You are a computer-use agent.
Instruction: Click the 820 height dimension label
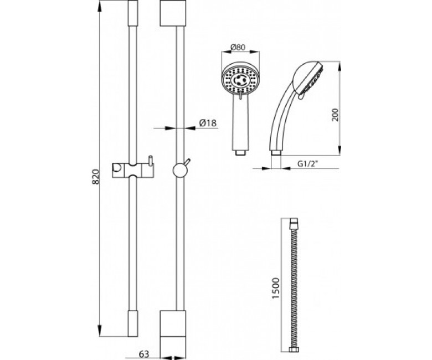pyautogui.click(x=95, y=177)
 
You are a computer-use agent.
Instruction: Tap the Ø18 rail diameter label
pyautogui.click(x=208, y=123)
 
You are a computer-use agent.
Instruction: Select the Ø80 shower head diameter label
pyautogui.click(x=238, y=47)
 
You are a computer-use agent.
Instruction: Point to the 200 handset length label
pyautogui.click(x=335, y=114)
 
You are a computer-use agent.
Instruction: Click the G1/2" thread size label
pyautogui.click(x=308, y=163)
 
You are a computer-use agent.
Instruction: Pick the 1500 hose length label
pyautogui.click(x=275, y=288)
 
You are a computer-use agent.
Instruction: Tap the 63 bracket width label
pyautogui.click(x=143, y=354)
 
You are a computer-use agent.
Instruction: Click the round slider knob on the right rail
pyautogui.click(x=180, y=170)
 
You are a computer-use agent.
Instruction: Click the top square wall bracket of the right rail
pyautogui.click(x=173, y=13)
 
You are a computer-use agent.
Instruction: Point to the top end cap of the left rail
pyautogui.click(x=133, y=13)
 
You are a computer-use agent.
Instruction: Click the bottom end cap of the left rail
pyautogui.click(x=133, y=323)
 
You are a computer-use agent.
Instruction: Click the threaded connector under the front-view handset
pyautogui.click(x=240, y=153)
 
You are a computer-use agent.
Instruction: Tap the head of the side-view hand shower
pyautogui.click(x=307, y=78)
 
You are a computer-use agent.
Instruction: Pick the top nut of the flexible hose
pyautogui.click(x=294, y=221)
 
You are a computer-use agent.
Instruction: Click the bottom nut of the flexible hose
pyautogui.click(x=294, y=350)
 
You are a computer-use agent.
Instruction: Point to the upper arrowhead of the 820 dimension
pyautogui.click(x=100, y=6)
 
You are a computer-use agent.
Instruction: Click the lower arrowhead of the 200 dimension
pyautogui.click(x=340, y=150)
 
